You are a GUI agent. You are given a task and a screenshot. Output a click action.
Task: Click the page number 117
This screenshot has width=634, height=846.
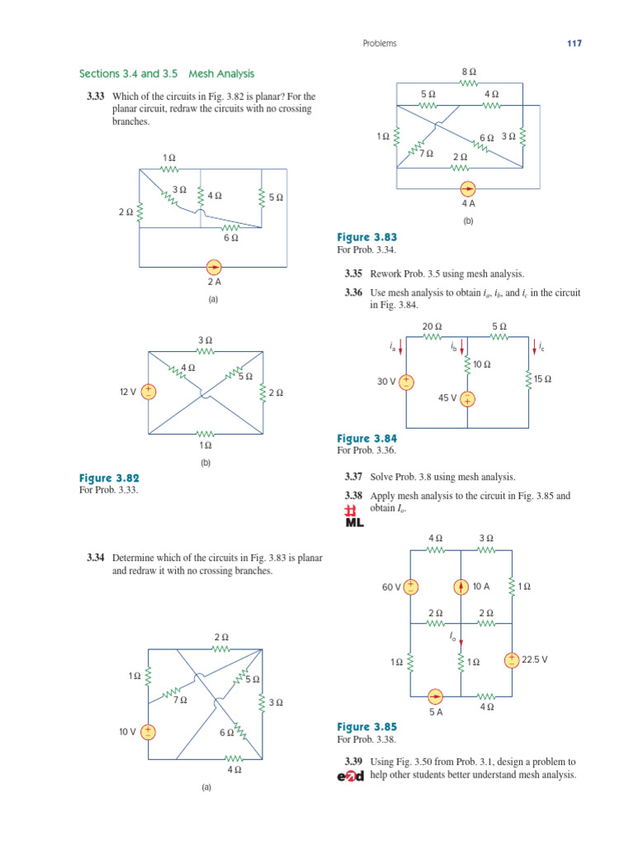[574, 44]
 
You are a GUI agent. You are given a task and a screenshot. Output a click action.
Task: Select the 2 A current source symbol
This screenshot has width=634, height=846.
[213, 267]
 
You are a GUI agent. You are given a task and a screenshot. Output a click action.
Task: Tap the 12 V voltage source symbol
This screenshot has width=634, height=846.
[149, 392]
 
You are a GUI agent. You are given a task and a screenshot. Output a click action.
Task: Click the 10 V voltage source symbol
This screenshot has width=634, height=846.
[149, 731]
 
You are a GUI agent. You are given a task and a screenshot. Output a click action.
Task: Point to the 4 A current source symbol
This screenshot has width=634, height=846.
[468, 188]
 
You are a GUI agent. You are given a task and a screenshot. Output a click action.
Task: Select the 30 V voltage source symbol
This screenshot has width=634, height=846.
[409, 382]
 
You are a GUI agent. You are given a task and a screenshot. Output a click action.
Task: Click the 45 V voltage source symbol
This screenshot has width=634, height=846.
[467, 400]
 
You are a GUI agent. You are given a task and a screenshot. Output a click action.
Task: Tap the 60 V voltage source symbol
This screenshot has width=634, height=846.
[410, 587]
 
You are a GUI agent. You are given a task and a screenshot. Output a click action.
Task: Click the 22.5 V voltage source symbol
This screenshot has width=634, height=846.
[512, 659]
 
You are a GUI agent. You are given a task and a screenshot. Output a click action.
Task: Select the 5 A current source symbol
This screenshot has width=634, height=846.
[436, 696]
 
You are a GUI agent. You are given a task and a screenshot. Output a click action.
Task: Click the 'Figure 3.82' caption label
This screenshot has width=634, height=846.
[109, 478]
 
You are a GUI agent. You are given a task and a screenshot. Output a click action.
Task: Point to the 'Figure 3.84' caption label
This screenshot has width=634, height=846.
[367, 439]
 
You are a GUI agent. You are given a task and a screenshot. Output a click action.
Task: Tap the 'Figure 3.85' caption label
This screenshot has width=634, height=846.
[367, 727]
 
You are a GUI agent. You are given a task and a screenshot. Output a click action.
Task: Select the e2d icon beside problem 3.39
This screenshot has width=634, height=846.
[350, 776]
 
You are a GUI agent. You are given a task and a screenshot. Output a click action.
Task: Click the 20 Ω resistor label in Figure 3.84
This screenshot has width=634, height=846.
[432, 326]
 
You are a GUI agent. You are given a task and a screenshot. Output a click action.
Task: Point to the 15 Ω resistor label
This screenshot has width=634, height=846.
[542, 379]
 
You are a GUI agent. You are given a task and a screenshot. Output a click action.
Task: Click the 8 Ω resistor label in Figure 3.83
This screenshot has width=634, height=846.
[468, 73]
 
